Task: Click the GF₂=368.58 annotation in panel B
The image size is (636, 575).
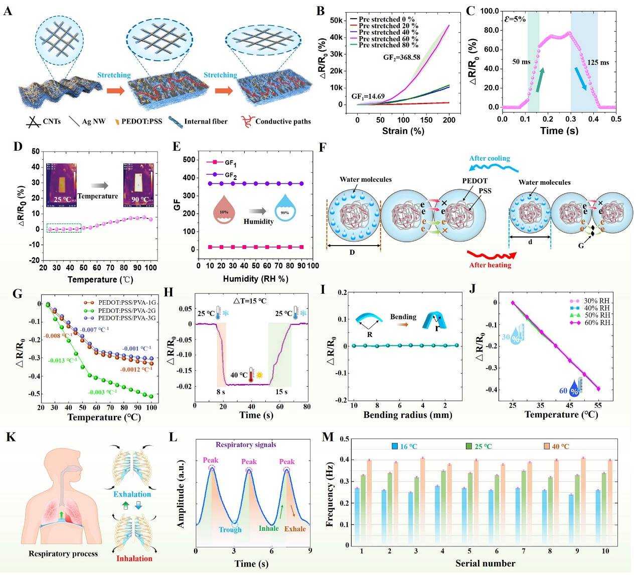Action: coord(401,57)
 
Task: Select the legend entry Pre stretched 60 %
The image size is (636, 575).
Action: coord(388,39)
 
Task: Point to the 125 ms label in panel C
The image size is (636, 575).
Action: coord(598,63)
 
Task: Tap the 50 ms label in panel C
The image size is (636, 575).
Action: coord(521,62)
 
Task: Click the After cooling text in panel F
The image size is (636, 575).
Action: coord(489,159)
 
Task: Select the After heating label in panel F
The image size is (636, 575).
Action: coord(490,265)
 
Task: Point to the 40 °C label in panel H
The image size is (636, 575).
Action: coord(239,375)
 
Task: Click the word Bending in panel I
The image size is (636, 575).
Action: coord(403,317)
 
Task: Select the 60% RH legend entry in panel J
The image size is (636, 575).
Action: coord(597,322)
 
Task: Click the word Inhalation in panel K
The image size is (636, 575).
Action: coord(134,558)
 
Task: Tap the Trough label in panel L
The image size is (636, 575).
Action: coord(230,529)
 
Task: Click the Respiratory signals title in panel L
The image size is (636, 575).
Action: coord(246,444)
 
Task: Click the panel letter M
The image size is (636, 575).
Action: coord(328,437)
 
